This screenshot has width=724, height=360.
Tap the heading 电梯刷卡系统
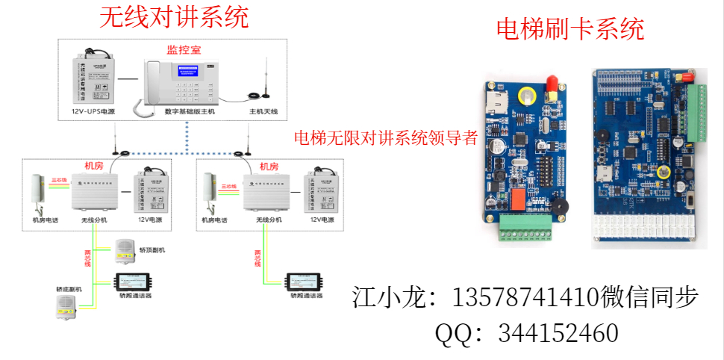(569, 30)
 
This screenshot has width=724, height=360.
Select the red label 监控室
(183, 50)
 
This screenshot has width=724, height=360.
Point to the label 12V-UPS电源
(93, 111)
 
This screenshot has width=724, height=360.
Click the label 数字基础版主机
(190, 111)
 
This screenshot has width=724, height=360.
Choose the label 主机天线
(263, 111)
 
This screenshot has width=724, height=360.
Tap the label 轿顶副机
(152, 249)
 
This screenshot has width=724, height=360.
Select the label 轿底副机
(69, 288)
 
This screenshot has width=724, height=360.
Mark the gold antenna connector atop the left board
(552, 83)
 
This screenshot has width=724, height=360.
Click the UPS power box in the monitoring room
(93, 81)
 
